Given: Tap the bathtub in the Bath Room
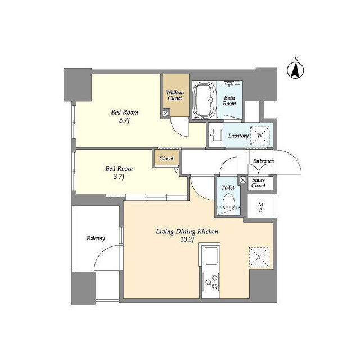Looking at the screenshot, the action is click(204, 100).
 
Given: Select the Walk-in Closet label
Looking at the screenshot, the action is click(175, 95).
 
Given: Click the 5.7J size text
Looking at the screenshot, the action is click(124, 120).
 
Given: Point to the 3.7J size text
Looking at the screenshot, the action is click(119, 177).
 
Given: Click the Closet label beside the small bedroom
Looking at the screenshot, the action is click(166, 159).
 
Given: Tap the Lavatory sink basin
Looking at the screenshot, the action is click(216, 134).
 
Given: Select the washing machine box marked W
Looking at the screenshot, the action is click(260, 136).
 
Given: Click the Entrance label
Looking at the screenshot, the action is click(263, 161).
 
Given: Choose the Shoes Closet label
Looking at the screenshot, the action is click(259, 182).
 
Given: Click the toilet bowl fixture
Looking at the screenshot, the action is click(229, 202).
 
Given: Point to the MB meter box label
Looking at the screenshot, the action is click(260, 207).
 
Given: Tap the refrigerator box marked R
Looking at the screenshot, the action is click(259, 257).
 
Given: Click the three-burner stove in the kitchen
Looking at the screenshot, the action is click(211, 282).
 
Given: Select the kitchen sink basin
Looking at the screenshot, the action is click(211, 256).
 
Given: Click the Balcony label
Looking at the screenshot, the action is click(96, 238).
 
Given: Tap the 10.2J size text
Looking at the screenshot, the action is click(187, 240).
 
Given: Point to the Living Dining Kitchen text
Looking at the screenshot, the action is click(187, 232).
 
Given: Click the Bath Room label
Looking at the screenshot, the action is click(229, 101).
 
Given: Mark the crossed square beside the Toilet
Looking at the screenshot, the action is click(243, 179).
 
